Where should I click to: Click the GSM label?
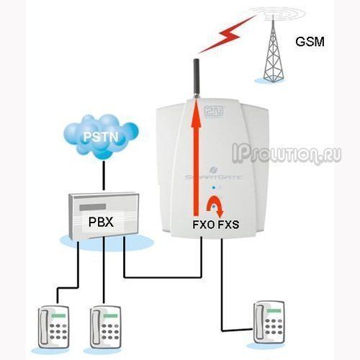pos(310,42)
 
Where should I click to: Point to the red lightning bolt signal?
pos(227,34)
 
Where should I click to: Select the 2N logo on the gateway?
pos(214,110)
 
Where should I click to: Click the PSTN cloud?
pos(101,137)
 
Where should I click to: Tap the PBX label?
pos(101,222)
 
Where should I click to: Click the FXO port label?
pos(204,225)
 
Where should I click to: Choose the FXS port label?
pos(228,225)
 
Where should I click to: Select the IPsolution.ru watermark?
pos(287,153)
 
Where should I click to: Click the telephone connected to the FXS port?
pos(269,322)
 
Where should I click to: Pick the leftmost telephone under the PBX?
pos(53,327)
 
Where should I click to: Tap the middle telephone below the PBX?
pos(105,327)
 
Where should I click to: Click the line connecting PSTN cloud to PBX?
pos(104,176)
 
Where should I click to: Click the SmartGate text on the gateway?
pos(214,177)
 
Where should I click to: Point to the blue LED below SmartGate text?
pos(214,187)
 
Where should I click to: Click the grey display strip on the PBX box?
pos(93,207)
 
